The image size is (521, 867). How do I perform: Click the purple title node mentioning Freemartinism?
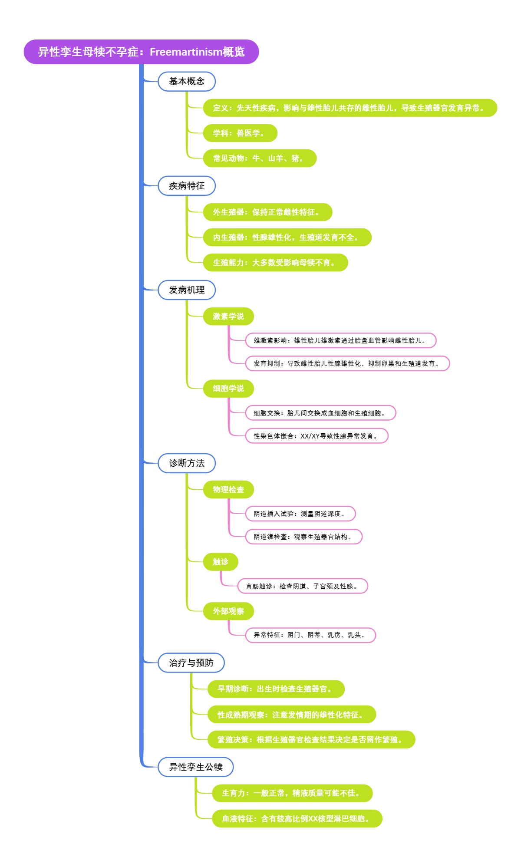click(141, 52)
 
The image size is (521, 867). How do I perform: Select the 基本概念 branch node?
click(187, 81)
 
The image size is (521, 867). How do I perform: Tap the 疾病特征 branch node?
click(187, 186)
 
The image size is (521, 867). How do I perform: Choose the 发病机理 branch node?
click(187, 290)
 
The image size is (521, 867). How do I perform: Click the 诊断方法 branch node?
click(187, 463)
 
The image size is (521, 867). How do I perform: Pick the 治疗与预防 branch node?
click(191, 663)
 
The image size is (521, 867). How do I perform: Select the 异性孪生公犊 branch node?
click(196, 767)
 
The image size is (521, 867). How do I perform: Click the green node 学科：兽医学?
click(240, 133)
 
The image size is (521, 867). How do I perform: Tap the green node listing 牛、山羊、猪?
click(260, 158)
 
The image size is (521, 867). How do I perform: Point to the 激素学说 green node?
click(228, 316)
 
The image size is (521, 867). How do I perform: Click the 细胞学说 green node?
click(228, 389)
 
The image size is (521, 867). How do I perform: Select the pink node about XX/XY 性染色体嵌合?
click(317, 436)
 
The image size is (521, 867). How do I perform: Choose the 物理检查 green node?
click(228, 490)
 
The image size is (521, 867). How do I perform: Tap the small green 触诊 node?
click(221, 562)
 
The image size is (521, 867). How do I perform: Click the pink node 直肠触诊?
click(303, 586)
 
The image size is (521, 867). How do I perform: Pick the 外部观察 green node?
click(228, 611)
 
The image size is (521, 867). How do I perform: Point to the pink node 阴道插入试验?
click(300, 514)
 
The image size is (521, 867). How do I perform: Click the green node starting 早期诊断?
click(276, 689)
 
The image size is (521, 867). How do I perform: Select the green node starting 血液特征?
click(297, 819)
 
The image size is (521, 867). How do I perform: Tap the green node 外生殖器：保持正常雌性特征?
click(267, 212)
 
